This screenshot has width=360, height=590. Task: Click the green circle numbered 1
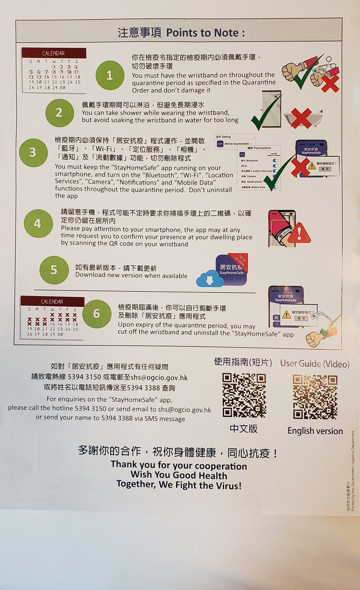pos(110,75)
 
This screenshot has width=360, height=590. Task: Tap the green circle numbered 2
pos(59,113)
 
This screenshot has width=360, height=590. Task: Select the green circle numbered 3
pos(33,152)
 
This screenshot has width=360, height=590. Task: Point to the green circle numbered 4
pos(37,224)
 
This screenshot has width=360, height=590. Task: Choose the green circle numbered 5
pos(54,270)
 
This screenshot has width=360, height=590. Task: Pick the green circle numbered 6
pos(96,314)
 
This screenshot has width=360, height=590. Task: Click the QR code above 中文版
pos(244,395)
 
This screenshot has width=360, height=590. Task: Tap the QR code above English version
pos(315,396)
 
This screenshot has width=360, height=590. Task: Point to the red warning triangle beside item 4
pos(299,233)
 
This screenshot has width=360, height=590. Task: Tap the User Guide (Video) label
pos(315,364)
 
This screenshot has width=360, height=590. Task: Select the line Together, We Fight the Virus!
pos(179,485)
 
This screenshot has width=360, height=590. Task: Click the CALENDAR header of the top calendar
pos(54,53)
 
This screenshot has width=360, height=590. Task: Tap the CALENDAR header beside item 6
pos(53,301)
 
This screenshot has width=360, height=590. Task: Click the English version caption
pos(315,431)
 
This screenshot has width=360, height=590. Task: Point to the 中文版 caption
pos(243,429)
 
